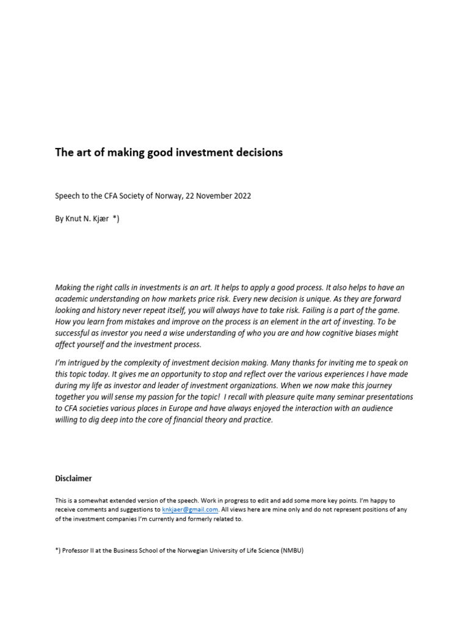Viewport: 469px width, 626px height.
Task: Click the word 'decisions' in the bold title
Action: (256, 153)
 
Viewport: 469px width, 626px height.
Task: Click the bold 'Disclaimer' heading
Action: (73, 479)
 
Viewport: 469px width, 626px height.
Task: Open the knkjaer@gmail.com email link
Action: (190, 509)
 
